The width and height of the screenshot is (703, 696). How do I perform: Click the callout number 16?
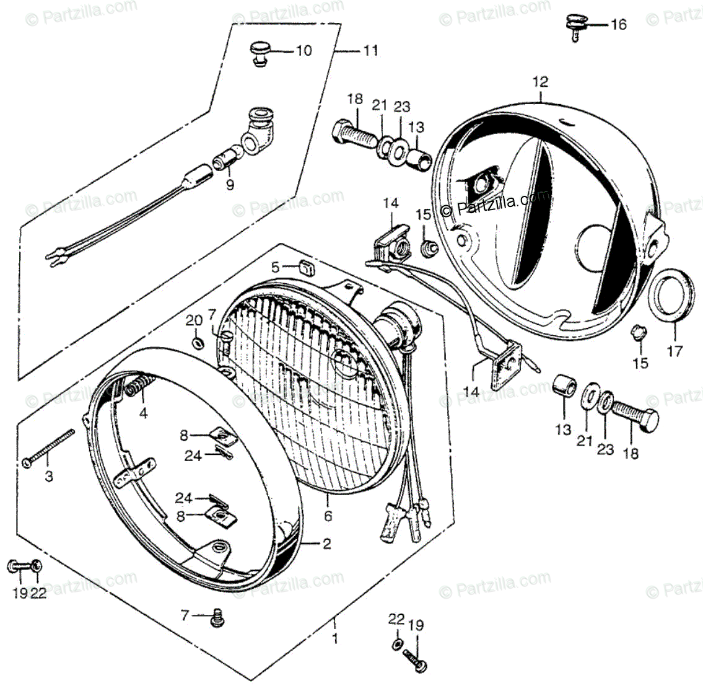618,25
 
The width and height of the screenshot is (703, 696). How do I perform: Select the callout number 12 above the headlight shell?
540,82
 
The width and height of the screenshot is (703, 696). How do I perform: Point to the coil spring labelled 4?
138,388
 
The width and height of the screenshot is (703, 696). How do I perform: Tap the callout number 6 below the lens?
328,516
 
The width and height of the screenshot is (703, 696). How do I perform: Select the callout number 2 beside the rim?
326,544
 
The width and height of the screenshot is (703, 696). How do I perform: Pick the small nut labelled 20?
197,343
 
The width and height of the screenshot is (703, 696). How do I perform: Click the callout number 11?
370,51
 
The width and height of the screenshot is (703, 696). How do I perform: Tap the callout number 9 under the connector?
230,185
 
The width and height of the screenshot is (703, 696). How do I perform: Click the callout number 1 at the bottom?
335,638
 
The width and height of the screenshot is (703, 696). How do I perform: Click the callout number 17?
675,351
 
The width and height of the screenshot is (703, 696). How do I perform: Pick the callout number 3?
49,476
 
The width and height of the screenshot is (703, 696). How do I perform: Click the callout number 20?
194,320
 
